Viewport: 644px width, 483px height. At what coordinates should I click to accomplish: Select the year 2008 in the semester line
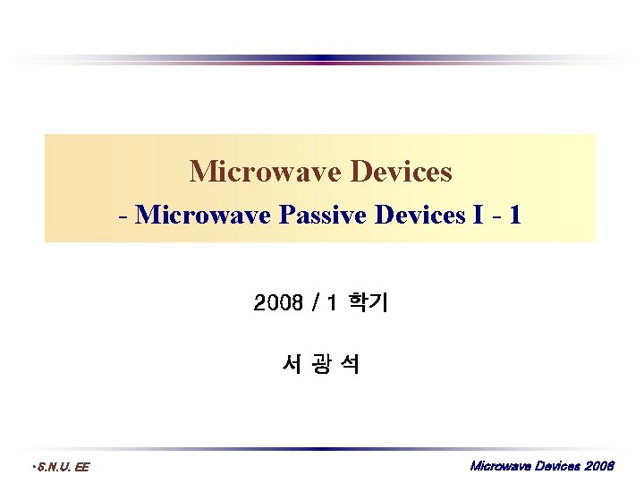click(279, 304)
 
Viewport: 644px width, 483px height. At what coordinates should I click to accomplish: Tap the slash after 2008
click(314, 304)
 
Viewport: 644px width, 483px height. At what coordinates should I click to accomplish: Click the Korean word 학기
click(368, 304)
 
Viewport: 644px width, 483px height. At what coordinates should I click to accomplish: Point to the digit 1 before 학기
click(332, 304)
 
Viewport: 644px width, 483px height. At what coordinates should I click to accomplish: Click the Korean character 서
click(290, 364)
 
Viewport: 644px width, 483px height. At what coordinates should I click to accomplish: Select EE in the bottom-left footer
click(81, 467)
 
